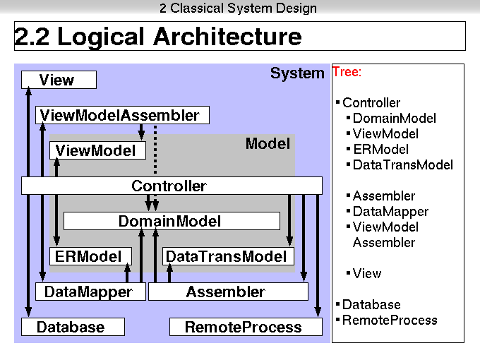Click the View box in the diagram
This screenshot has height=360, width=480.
coord(59,80)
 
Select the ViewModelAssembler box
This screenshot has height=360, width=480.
coord(122,115)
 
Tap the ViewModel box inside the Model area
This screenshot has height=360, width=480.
coord(97,150)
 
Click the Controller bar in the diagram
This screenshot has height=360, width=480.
coord(172,186)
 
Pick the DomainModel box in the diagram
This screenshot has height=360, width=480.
coord(172,221)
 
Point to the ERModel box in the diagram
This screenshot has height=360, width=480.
coord(90,256)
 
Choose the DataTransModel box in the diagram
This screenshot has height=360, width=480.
coord(228,256)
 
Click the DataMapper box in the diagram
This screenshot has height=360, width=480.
coord(90,292)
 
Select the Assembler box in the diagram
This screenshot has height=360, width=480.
coord(228,292)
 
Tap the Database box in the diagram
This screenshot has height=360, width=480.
coord(73,327)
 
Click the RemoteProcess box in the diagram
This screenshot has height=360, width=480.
coord(246,327)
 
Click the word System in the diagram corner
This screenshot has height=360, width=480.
coord(297,73)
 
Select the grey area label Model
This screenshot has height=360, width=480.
coord(268,143)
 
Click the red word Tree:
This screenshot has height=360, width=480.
coord(347,72)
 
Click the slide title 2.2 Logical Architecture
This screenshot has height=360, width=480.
coord(158,37)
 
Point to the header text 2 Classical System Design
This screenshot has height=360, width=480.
coord(238,8)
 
